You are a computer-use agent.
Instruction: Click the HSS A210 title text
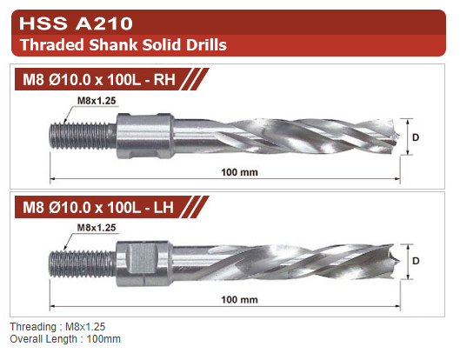(x=76, y=23)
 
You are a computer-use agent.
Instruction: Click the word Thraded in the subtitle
(x=52, y=45)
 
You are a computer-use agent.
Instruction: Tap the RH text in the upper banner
(x=164, y=79)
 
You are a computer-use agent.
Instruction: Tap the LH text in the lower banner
(x=163, y=208)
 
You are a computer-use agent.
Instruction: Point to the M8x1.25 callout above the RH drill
(x=97, y=101)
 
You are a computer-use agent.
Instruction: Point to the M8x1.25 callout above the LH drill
(x=97, y=227)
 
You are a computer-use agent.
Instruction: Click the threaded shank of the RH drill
(x=83, y=136)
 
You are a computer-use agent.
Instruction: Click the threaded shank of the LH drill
(x=83, y=263)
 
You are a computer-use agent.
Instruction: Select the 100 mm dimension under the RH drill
(x=239, y=172)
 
